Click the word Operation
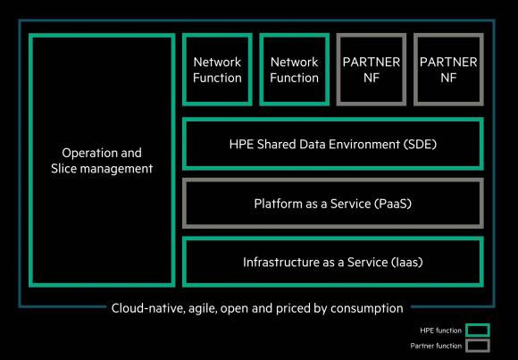click(85, 153)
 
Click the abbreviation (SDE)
click(420, 145)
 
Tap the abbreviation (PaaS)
click(393, 204)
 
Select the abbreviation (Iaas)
click(406, 262)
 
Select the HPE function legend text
click(440, 331)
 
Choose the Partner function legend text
click(436, 346)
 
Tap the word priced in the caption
click(292, 308)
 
